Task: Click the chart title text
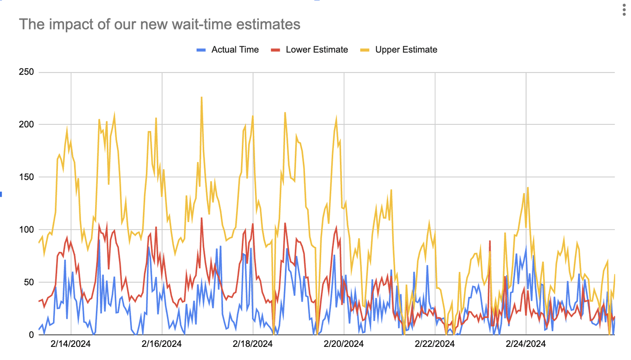(x=160, y=25)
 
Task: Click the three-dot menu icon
(x=624, y=11)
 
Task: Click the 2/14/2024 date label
(x=71, y=344)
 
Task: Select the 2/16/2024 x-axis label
(x=162, y=344)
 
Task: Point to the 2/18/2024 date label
(x=253, y=344)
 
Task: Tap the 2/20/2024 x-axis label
(x=344, y=344)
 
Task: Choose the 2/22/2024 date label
(x=435, y=344)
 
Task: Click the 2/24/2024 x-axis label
(x=526, y=344)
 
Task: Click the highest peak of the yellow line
(x=202, y=97)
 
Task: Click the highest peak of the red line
(x=202, y=218)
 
